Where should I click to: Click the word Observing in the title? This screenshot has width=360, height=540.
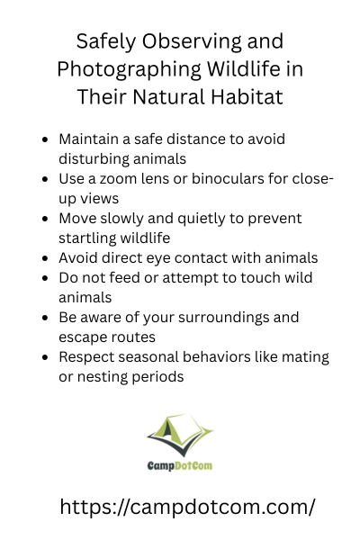(192, 41)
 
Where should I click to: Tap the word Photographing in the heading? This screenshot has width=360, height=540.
(130, 69)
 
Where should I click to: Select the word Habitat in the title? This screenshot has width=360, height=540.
(247, 96)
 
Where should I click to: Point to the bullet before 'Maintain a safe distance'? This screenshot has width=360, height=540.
(45, 139)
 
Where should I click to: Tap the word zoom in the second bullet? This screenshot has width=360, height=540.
(118, 179)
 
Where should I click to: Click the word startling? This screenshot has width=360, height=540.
(86, 238)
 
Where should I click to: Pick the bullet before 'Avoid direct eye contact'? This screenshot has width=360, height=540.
(45, 258)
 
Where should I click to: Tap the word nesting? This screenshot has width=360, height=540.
(103, 377)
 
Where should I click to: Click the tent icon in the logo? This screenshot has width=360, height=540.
(180, 435)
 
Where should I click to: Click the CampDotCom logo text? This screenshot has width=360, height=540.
(180, 465)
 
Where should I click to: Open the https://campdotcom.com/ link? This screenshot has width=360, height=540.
(187, 508)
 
